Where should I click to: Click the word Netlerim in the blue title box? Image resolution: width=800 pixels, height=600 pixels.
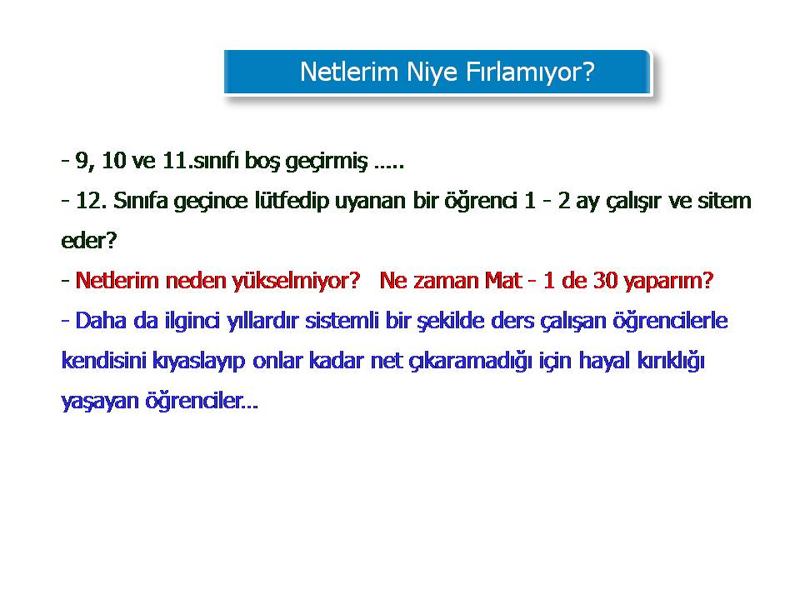tap(349, 72)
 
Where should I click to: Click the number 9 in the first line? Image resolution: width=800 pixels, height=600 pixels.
tap(82, 160)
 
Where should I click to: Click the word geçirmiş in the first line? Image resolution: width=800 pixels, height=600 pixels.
tap(326, 161)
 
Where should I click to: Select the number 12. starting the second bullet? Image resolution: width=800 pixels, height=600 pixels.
tap(92, 201)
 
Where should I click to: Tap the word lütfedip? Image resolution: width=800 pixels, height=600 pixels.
tap(292, 201)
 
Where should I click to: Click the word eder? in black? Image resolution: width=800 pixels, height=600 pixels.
tap(89, 240)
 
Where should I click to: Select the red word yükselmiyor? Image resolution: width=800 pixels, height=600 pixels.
tap(297, 281)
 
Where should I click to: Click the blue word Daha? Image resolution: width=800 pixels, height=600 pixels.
tap(101, 321)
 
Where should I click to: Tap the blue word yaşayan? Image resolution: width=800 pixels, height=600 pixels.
tap(100, 402)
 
